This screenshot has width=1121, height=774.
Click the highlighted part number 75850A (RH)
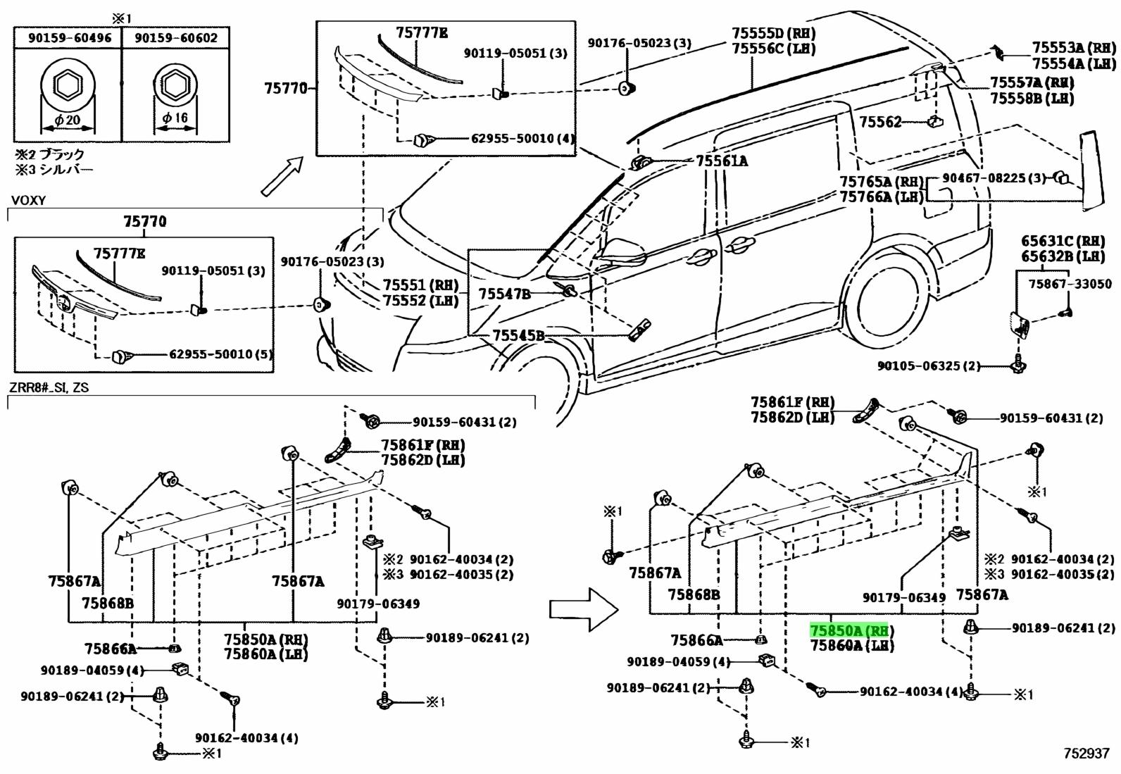pyautogui.click(x=851, y=630)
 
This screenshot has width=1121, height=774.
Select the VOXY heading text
pyautogui.click(x=28, y=201)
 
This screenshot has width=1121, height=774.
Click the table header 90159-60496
pyautogui.click(x=70, y=38)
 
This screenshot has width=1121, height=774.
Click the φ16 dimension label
pyautogui.click(x=175, y=118)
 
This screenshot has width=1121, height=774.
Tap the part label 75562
pyautogui.click(x=879, y=122)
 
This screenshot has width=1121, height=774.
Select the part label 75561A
pyautogui.click(x=722, y=161)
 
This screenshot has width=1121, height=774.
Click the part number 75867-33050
pyautogui.click(x=1070, y=284)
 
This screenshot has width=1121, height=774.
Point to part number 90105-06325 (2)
pyautogui.click(x=928, y=366)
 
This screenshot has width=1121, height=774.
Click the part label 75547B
pyautogui.click(x=504, y=294)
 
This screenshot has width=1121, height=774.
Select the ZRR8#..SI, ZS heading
pyautogui.click(x=49, y=387)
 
